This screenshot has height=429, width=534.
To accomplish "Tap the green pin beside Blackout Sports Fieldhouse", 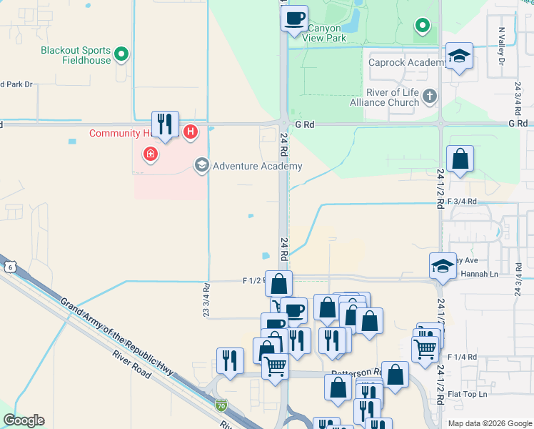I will [x=121, y=53].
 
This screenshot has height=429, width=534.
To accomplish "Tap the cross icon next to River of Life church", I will [x=429, y=96].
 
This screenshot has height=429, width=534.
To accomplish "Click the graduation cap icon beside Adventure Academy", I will [x=201, y=166].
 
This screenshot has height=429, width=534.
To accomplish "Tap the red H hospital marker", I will [x=190, y=132].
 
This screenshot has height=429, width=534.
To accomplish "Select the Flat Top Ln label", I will [x=468, y=394].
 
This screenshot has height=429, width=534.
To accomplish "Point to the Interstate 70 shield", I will [x=222, y=405].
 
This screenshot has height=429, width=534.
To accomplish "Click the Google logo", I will [x=24, y=420].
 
